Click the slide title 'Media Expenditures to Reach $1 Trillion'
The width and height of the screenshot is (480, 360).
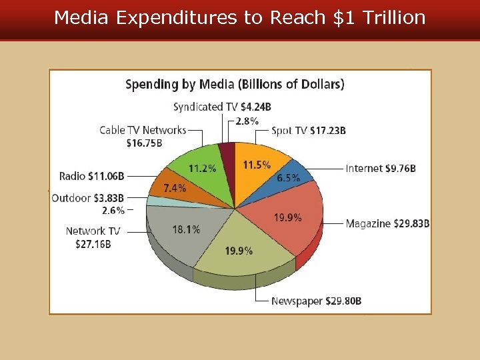[x=240, y=18]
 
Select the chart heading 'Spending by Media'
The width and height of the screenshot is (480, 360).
[x=235, y=85]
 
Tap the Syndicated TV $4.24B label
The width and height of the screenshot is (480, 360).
[x=222, y=107]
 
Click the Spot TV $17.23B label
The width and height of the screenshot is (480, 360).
[x=309, y=131]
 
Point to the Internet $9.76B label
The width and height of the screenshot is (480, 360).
[x=381, y=169]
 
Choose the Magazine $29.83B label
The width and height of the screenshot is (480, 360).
[x=387, y=224]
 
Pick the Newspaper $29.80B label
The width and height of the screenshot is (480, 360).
[x=316, y=301]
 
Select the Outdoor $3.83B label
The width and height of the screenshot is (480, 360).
[x=87, y=198]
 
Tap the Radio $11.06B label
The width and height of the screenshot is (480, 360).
[x=91, y=176]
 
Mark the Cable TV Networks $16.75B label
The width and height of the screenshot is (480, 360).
[x=143, y=136]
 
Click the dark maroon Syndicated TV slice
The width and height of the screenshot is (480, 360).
[x=227, y=153]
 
